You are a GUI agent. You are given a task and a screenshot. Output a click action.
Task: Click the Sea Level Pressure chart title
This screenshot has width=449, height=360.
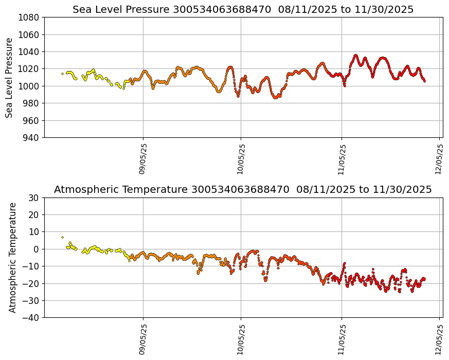(243, 9)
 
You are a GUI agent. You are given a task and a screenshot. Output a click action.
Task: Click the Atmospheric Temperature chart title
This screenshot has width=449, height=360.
(243, 190)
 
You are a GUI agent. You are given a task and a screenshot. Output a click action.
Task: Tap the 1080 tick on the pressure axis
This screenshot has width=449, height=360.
(30, 17)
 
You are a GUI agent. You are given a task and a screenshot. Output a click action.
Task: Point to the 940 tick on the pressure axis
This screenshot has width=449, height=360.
(32, 137)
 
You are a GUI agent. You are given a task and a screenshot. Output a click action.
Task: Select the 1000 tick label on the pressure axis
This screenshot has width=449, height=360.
(30, 86)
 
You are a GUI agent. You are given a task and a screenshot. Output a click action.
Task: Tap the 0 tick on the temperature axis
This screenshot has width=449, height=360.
(37, 249)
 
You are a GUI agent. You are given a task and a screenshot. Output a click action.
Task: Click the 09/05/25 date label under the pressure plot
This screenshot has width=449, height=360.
(143, 160)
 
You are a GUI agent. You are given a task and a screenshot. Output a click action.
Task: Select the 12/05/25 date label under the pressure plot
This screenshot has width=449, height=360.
(439, 160)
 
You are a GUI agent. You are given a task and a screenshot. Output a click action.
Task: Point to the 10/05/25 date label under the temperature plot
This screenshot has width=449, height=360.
(241, 339)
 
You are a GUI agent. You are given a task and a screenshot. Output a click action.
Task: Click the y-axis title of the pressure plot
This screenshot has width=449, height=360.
(9, 77)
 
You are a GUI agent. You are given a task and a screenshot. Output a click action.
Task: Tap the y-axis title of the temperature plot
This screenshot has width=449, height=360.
(12, 257)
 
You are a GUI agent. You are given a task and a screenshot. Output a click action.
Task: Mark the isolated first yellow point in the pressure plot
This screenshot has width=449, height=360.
(63, 74)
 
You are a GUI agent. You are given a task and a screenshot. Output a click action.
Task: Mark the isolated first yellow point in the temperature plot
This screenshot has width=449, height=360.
(63, 237)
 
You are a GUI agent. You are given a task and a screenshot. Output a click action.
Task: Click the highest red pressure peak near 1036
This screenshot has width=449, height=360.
(356, 55)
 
